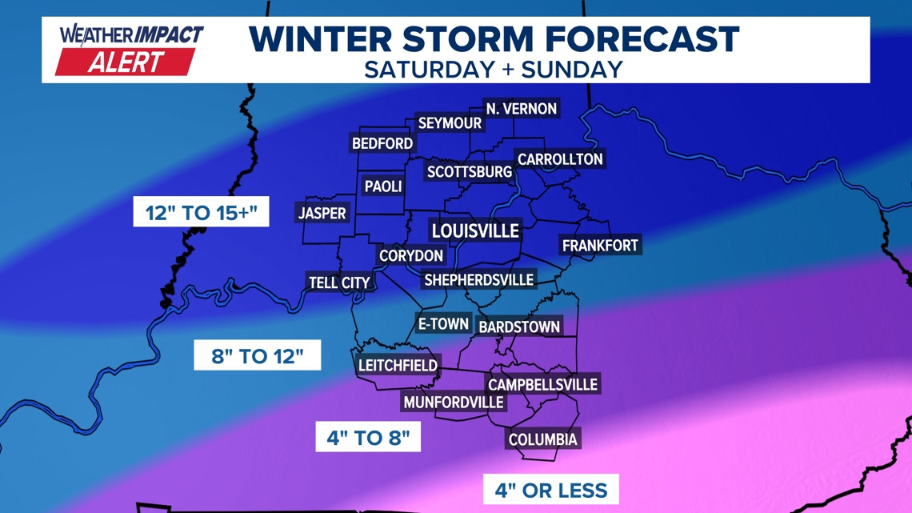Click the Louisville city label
475,231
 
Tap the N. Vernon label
521,109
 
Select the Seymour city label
450,123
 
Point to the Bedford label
382,144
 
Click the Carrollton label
560,159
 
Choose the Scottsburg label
469,172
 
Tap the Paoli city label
383,186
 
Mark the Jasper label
322,214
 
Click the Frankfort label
600,246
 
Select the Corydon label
411,256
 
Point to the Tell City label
340,283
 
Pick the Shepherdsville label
478,280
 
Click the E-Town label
443,324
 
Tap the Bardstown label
519,327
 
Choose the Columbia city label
543,439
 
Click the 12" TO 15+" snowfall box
201,212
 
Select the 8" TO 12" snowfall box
257,355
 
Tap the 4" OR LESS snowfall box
550,490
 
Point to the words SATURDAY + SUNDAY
493,69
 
